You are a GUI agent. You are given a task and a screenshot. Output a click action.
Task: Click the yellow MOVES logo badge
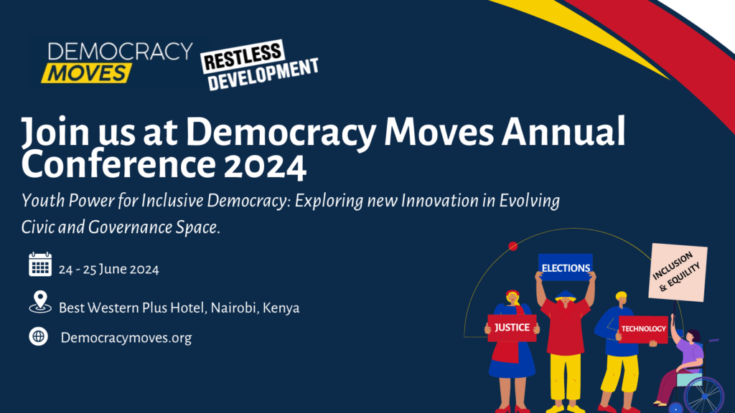tap(87, 72)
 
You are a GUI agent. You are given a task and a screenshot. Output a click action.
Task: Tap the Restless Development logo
tap(260, 65)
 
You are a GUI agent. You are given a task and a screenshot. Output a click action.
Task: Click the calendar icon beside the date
tap(40, 264)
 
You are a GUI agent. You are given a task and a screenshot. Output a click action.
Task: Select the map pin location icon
tap(40, 302)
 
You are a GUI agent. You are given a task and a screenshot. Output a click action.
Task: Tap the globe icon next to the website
tap(39, 336)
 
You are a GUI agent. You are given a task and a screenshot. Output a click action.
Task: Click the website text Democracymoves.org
tap(126, 338)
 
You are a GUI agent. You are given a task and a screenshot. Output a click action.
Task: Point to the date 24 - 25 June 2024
tap(109, 270)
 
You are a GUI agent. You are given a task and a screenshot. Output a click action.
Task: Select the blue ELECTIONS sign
tap(566, 267)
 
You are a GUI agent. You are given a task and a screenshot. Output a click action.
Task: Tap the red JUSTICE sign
tap(512, 328)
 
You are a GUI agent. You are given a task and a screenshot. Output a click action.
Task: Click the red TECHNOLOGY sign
tap(643, 329)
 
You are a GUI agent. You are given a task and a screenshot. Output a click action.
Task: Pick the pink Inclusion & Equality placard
tap(678, 272)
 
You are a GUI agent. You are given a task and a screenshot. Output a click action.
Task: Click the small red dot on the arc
tap(513, 246)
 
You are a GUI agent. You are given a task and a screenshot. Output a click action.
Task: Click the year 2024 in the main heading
tap(265, 166)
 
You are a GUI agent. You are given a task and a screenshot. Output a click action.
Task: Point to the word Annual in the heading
tap(563, 132)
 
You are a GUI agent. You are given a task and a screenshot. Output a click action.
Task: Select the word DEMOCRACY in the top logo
tap(121, 52)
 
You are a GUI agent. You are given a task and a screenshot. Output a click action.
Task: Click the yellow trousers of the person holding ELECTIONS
tap(566, 380)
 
